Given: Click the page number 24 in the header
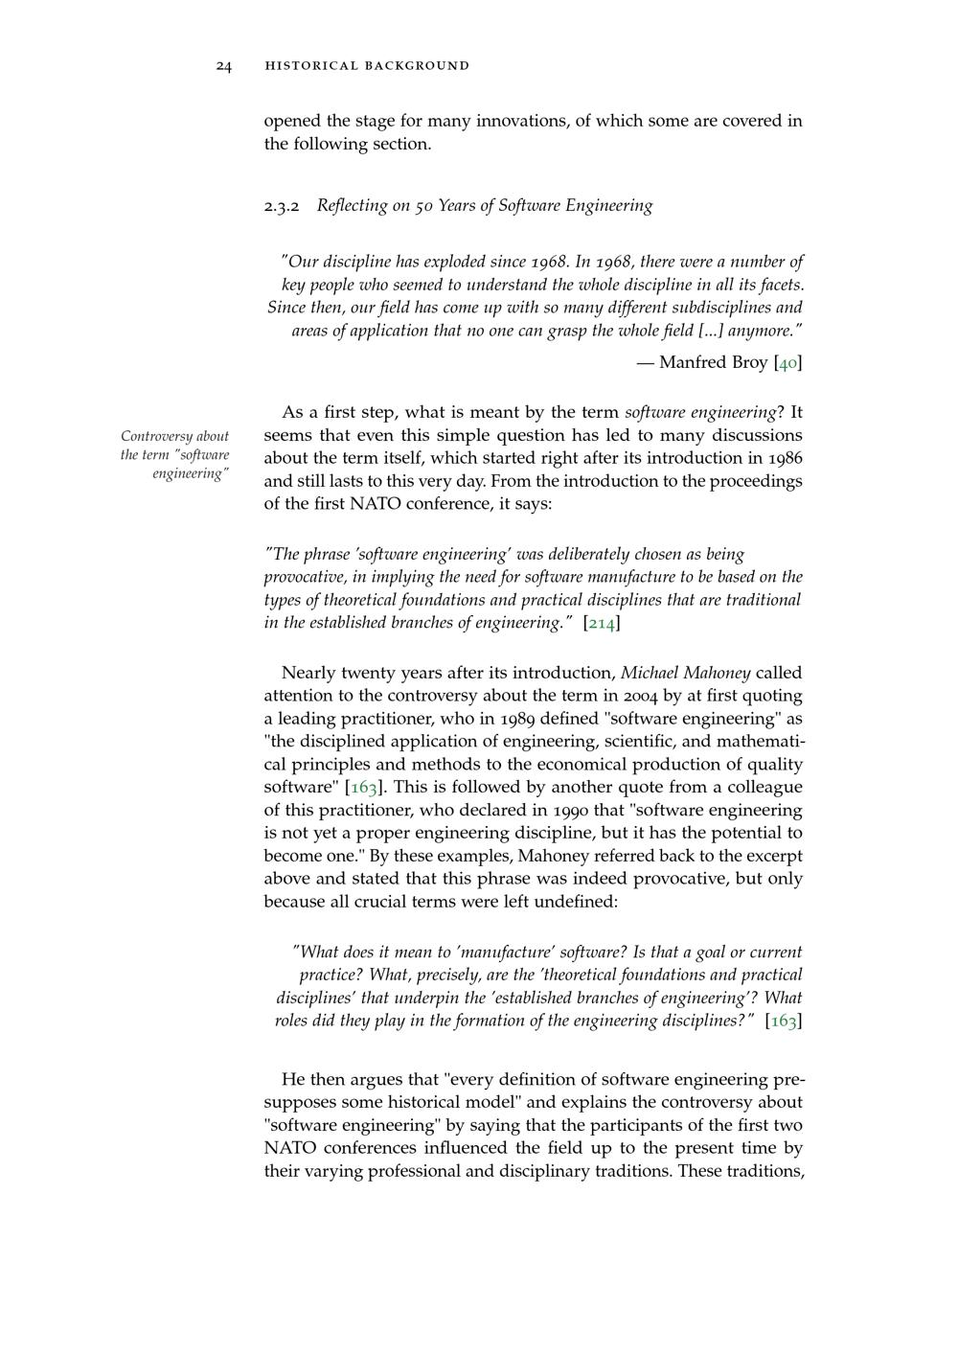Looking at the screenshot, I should click(x=223, y=66).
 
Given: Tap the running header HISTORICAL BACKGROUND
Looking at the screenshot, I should click(x=367, y=66).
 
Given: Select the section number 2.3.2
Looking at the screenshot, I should click(x=282, y=206).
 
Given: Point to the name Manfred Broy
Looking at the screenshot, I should click(x=714, y=362).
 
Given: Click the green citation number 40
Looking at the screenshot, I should click(x=787, y=362).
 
